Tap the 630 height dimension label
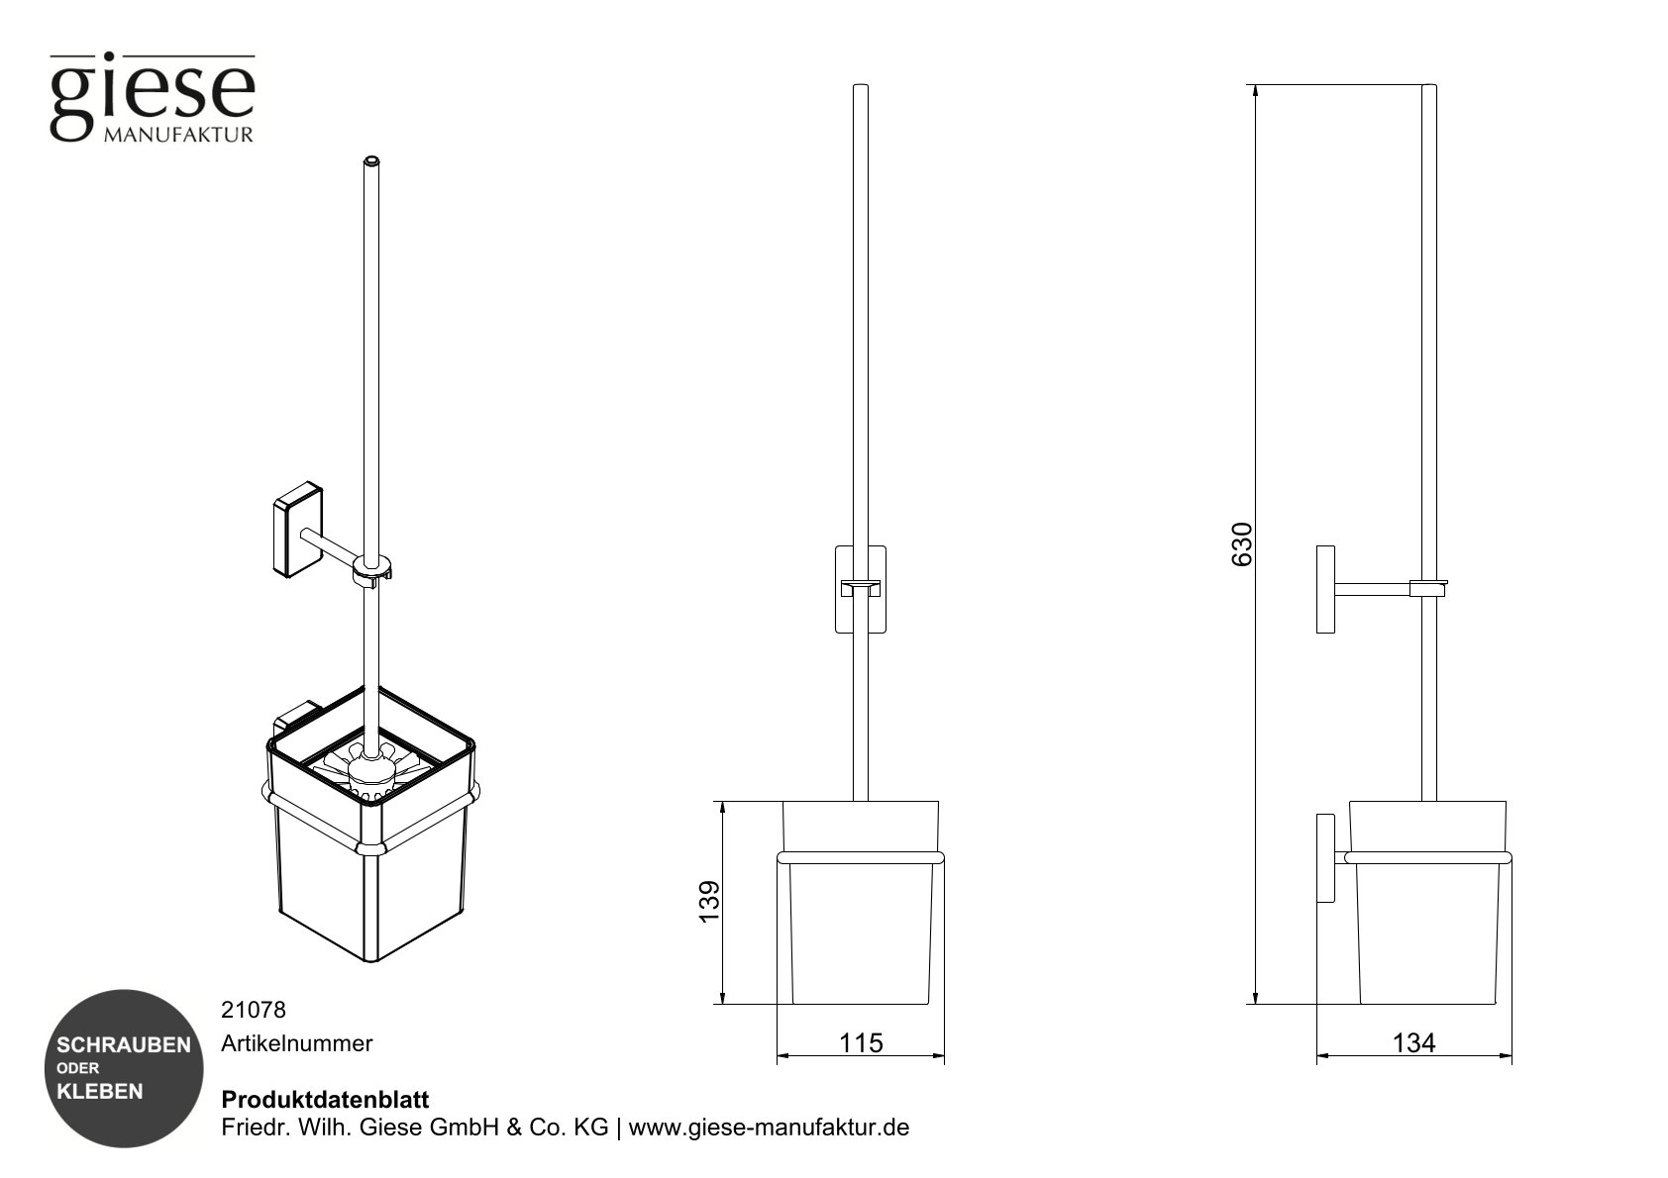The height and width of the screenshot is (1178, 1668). point(1242,543)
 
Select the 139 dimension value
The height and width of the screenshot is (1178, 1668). point(710,902)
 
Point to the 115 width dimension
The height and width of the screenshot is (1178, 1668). point(860,1042)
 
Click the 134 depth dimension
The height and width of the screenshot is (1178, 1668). point(1413,1042)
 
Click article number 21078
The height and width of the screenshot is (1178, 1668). point(253,1010)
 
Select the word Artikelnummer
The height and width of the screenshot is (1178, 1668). point(296,1043)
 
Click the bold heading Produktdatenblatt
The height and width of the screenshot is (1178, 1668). point(325,1100)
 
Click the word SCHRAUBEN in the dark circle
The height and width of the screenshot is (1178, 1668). point(123,1045)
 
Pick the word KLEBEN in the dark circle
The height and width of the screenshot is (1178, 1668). point(99,1092)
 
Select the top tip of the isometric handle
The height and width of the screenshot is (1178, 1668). point(372,159)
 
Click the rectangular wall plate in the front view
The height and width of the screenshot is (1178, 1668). point(860,588)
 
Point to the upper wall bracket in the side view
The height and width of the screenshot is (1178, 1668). point(1325,589)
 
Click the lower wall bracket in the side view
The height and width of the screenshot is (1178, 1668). point(1325,858)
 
